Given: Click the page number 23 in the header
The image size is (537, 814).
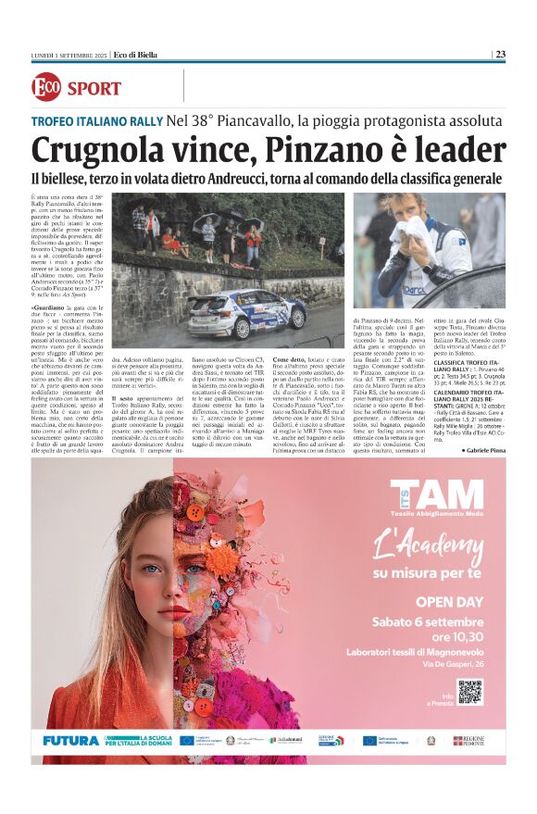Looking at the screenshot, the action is point(500,54).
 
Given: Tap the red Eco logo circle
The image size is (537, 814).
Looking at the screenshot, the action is point(45,88).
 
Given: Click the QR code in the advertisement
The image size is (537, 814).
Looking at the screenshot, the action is point(469,691).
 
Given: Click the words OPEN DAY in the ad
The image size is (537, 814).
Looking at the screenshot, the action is point(425,600).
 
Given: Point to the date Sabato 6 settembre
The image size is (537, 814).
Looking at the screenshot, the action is point(428,620).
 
